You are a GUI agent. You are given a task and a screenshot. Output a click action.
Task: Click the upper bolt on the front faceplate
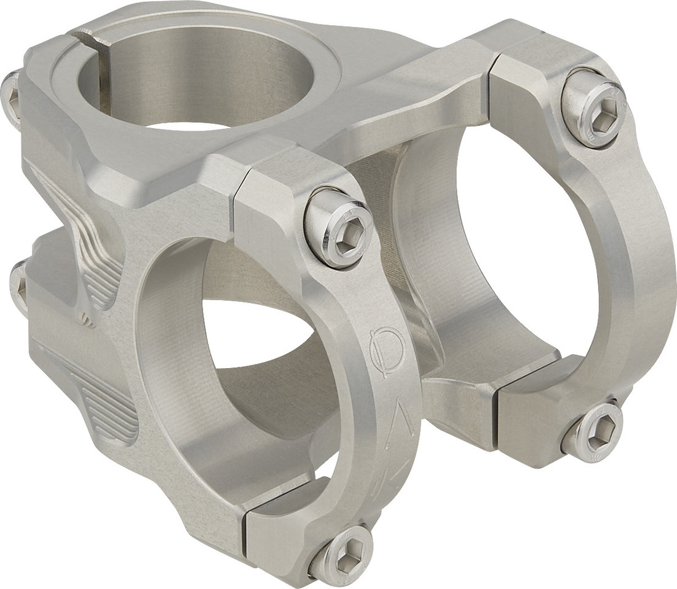(x=339, y=227)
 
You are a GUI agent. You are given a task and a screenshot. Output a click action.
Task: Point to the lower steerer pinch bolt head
(x=18, y=285)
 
